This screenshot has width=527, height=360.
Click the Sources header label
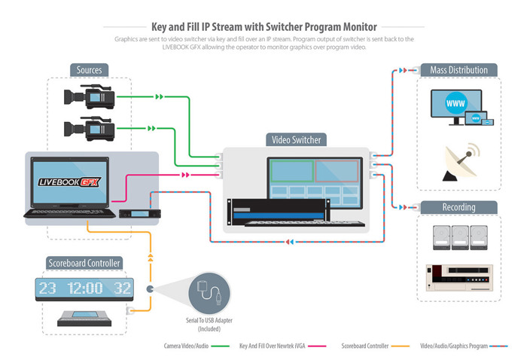click(89, 70)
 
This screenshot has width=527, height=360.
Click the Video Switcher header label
click(295, 139)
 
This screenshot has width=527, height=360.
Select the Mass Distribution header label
click(458, 70)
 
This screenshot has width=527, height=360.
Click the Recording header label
click(458, 207)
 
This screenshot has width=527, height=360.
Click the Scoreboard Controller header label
click(84, 264)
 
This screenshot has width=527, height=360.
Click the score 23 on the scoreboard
click(47, 288)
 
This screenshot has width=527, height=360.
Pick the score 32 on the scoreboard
click(123, 288)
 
